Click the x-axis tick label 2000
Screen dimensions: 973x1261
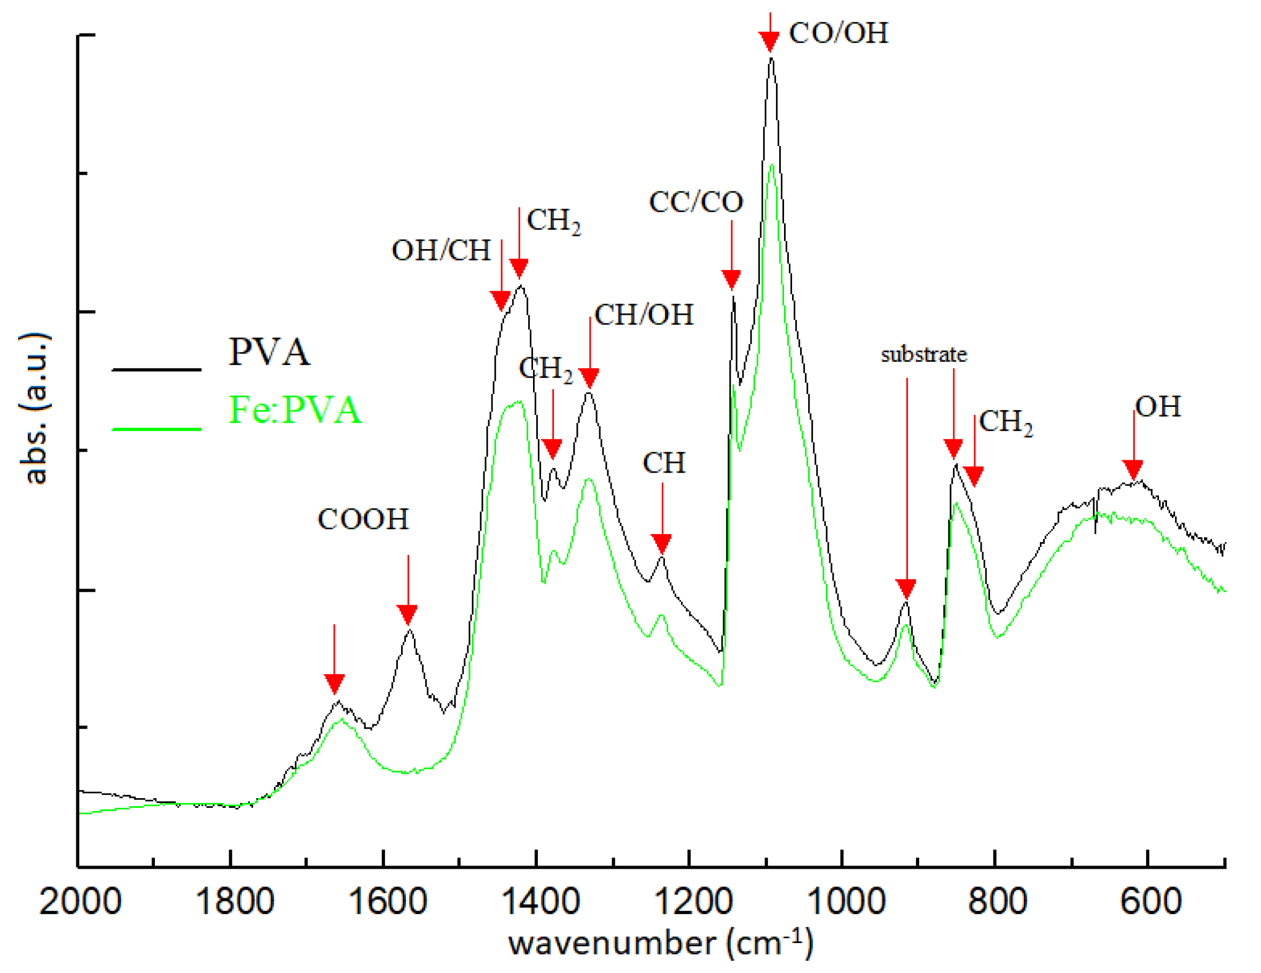(80, 901)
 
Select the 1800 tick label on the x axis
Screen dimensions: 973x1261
(234, 901)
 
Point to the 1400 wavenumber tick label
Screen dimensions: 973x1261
(540, 901)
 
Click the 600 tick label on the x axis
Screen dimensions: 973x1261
(1151, 901)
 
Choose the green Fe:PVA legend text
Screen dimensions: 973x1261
(295, 410)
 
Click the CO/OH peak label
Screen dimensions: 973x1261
(839, 33)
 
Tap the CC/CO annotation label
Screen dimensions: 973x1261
(696, 202)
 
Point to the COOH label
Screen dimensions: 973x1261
(363, 519)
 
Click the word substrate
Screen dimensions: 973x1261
(923, 354)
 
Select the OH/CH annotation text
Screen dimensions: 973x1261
(441, 250)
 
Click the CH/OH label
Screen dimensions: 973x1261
(644, 315)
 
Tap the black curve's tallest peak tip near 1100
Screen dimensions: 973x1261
(771, 58)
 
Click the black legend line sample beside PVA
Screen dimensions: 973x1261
(156, 369)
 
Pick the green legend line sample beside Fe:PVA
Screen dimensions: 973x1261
(156, 429)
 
